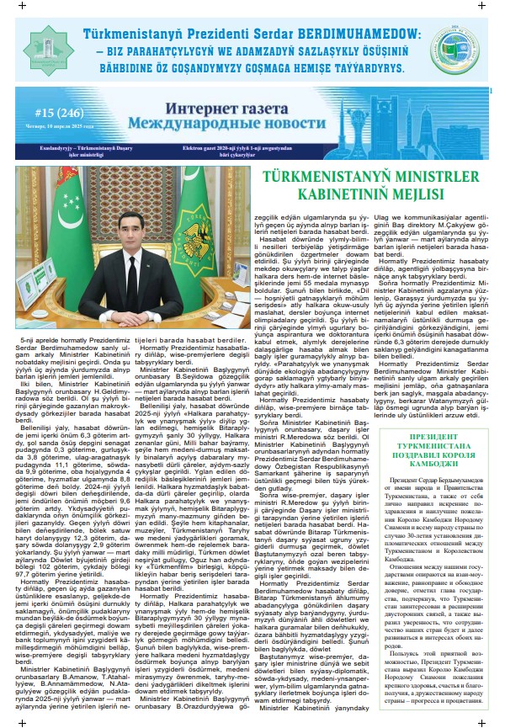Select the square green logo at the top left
coord(42,49)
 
